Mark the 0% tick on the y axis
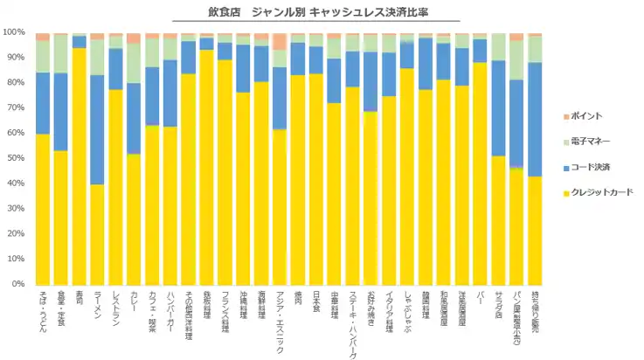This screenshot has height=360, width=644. click(x=17, y=284)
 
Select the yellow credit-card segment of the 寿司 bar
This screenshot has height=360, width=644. click(x=79, y=166)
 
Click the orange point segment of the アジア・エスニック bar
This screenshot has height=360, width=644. click(x=280, y=42)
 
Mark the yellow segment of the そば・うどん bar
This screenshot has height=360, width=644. click(x=42, y=209)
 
